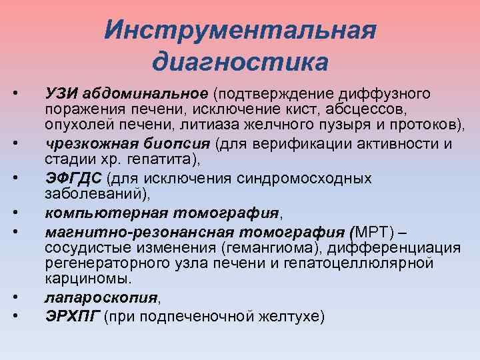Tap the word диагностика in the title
point(240,63)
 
